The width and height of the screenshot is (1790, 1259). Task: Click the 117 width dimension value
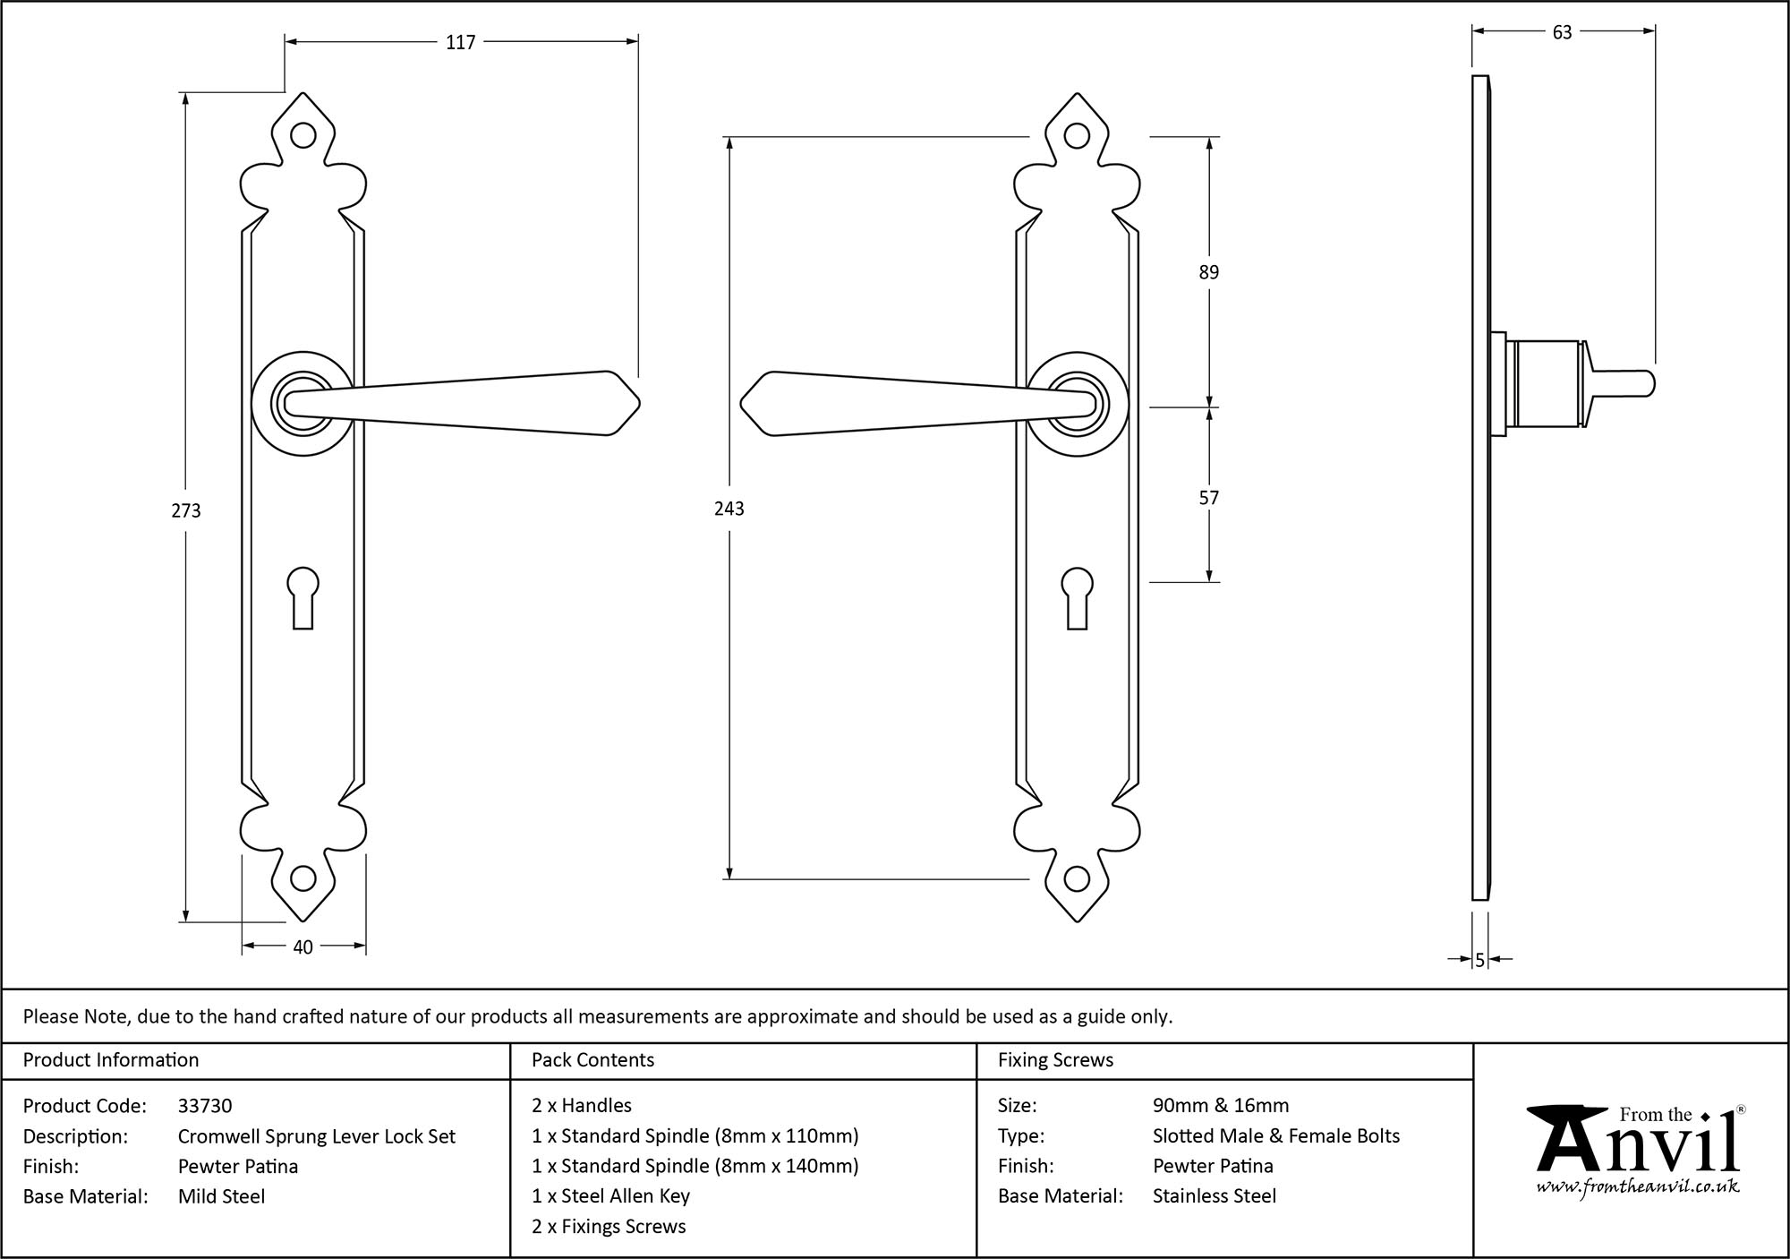pyautogui.click(x=461, y=42)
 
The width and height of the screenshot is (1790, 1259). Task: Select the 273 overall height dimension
pyautogui.click(x=186, y=510)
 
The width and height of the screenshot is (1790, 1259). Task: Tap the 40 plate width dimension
pyautogui.click(x=303, y=946)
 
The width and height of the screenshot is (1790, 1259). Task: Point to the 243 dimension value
pyautogui.click(x=729, y=509)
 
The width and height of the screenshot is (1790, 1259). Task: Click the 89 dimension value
pyautogui.click(x=1208, y=272)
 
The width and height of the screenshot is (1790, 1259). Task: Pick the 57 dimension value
pyautogui.click(x=1208, y=498)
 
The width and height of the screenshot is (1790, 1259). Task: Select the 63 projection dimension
pyautogui.click(x=1562, y=32)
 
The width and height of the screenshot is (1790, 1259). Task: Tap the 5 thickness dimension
pyautogui.click(x=1480, y=960)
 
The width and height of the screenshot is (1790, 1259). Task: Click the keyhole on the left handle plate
pyautogui.click(x=303, y=595)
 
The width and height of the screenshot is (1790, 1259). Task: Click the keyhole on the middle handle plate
pyautogui.click(x=1078, y=595)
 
